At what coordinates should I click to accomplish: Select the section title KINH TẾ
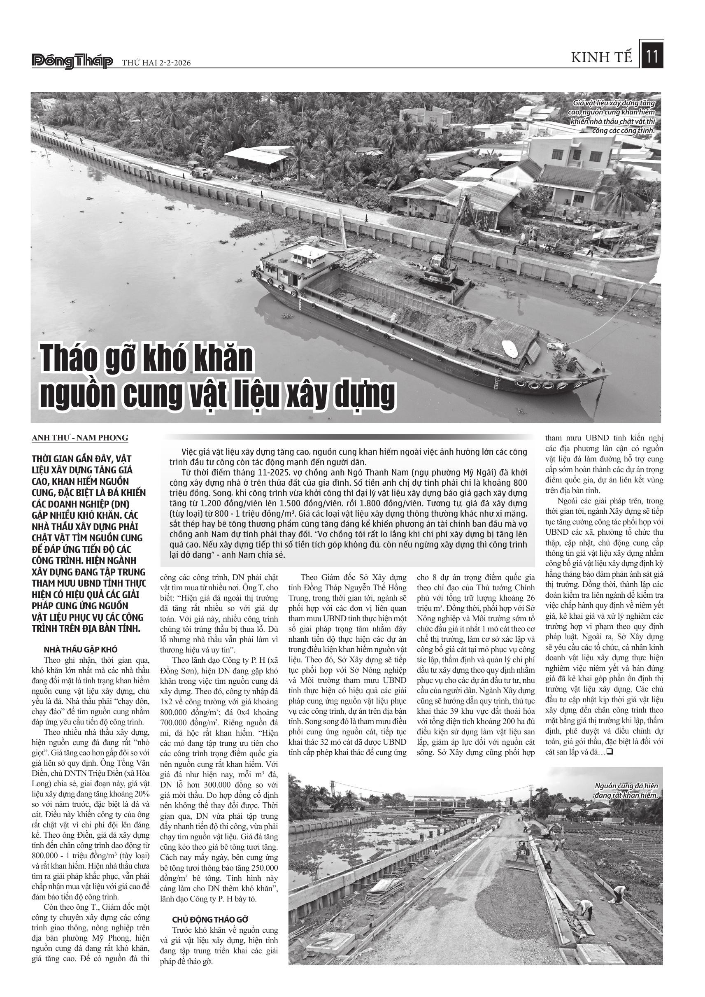[602, 58]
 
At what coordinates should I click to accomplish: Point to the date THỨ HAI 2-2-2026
[156, 63]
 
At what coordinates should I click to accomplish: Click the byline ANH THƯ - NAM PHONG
[80, 438]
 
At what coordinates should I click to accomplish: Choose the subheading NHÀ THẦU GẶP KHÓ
[81, 650]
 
